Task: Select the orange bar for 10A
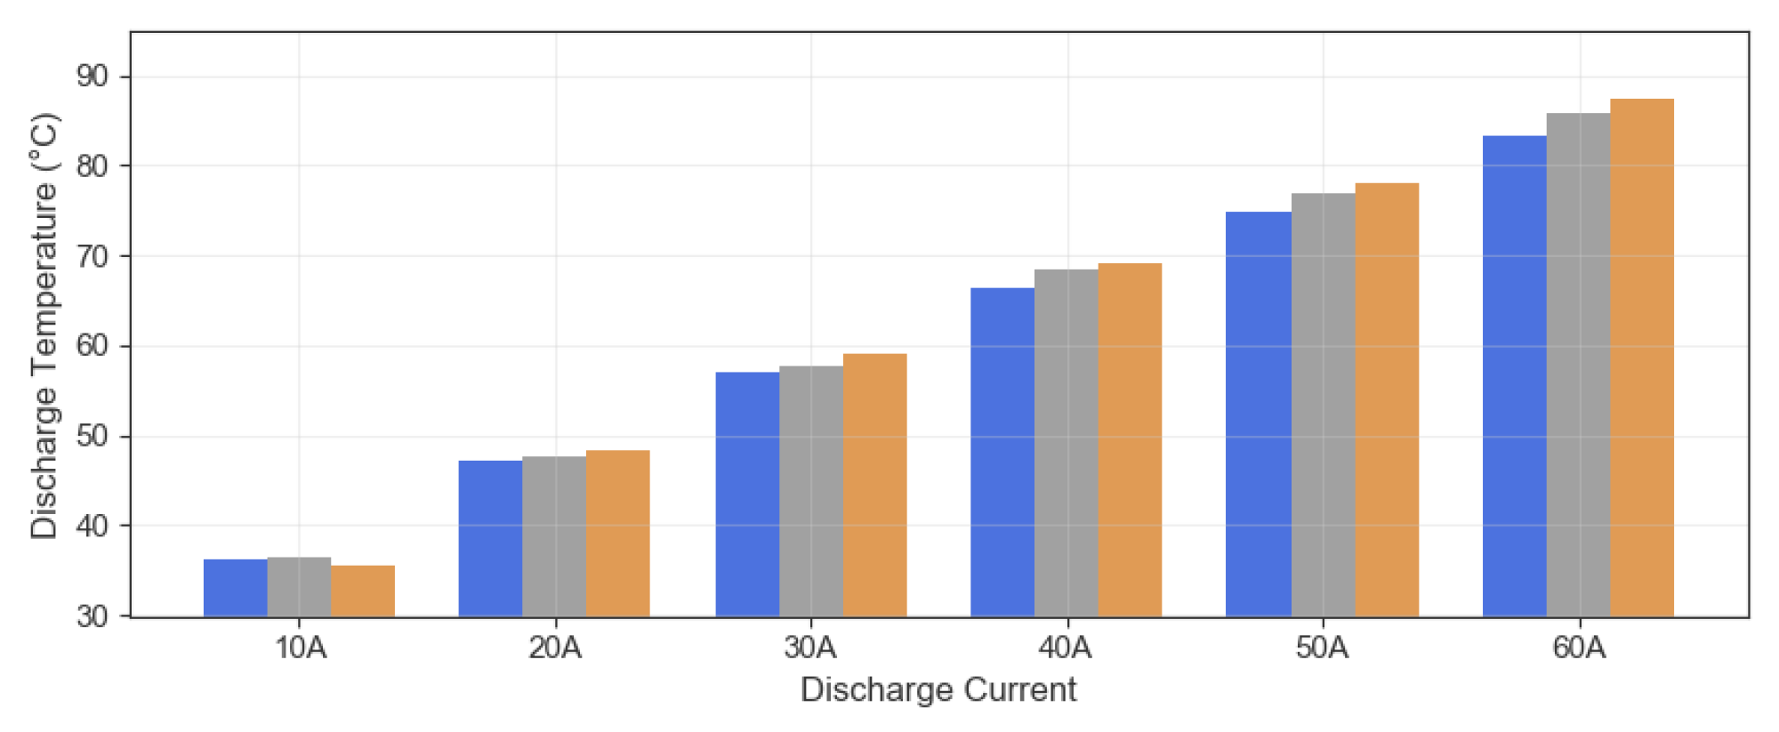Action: pos(363,591)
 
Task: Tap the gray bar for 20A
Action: pos(554,536)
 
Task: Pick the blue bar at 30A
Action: pos(747,494)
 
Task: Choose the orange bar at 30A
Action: pos(874,485)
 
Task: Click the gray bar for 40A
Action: pos(1066,443)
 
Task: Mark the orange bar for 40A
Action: pos(1130,439)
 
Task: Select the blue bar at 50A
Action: pos(1258,414)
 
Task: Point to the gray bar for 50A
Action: pos(1323,405)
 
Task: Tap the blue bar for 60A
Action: pos(1514,375)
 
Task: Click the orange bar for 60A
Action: pos(1642,358)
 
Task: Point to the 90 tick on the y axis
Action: pos(93,76)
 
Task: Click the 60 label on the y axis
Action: pos(93,346)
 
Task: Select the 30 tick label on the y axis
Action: pos(93,615)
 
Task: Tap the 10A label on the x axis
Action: pos(300,648)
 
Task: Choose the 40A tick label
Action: pos(1066,648)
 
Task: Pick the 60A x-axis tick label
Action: pos(1579,648)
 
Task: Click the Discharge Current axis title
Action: pos(938,690)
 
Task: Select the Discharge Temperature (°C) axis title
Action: pos(44,326)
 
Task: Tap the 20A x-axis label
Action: pos(555,648)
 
